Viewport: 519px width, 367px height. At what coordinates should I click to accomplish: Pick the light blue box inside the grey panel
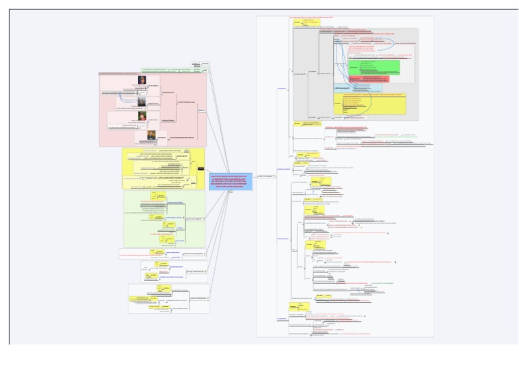[357, 88]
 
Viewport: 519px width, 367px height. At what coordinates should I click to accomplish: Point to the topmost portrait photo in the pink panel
[143, 80]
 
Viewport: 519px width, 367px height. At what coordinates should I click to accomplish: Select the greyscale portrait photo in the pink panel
[143, 101]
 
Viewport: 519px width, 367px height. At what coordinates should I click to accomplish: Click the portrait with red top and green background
[143, 116]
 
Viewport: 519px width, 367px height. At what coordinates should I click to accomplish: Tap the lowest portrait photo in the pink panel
[152, 134]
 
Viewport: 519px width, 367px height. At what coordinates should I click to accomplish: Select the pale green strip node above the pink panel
[153, 70]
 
